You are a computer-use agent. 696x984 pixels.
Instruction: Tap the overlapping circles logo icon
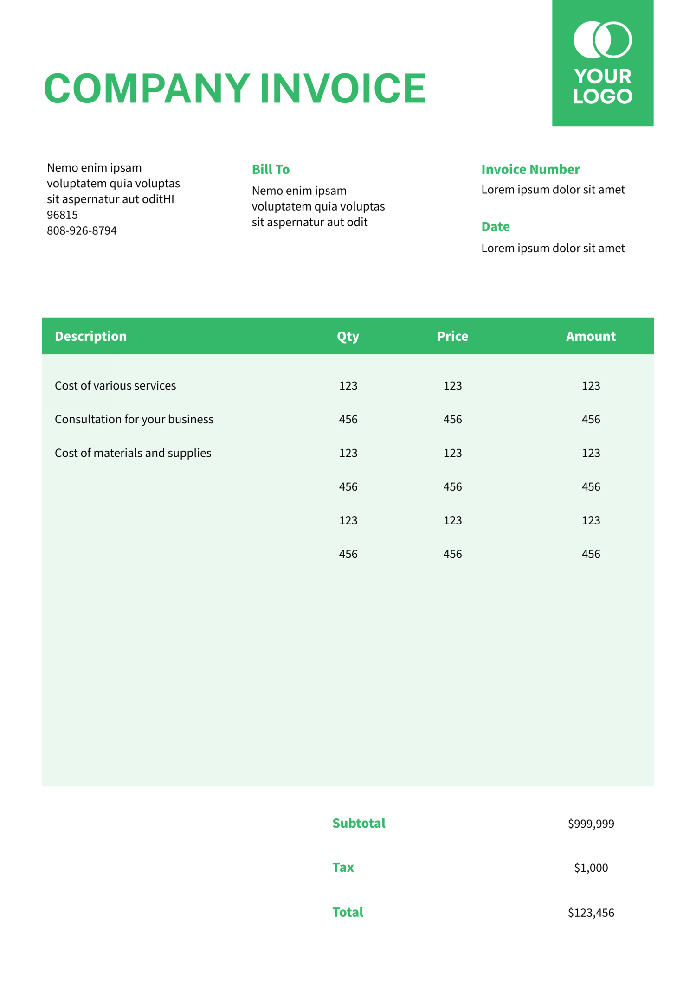coord(602,40)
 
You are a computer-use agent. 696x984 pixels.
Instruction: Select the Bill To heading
coord(271,169)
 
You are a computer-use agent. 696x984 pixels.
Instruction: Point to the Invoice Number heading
coord(530,169)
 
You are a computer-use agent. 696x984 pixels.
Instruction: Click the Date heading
coord(496,227)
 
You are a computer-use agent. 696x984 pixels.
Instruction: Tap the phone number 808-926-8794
coord(82,230)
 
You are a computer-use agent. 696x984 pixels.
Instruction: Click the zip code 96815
coord(62,215)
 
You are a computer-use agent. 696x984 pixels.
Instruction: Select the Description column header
coord(90,336)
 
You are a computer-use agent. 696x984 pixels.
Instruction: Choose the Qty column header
coord(348,336)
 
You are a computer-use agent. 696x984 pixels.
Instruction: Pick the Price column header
coord(452,336)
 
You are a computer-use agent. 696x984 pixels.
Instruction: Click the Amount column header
coord(591,336)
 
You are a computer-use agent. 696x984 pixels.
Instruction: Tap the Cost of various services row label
coord(115,386)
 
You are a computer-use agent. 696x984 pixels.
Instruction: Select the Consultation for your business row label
coord(134,419)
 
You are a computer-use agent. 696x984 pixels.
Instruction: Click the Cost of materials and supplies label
coord(133,453)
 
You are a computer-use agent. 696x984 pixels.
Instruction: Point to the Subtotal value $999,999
coord(591,824)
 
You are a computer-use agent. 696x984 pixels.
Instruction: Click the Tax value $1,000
coord(591,868)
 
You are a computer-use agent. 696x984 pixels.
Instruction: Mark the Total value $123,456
coord(591,913)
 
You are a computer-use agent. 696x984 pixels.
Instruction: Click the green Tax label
coord(343,867)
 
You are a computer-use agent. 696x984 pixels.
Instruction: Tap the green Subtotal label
coord(359,823)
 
